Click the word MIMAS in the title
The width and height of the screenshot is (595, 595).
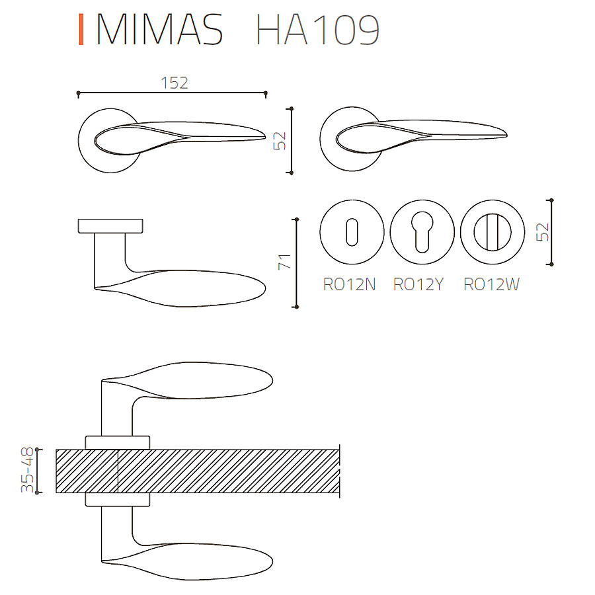(160, 30)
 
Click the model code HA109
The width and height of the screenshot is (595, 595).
(317, 30)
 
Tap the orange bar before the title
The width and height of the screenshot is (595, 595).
(81, 30)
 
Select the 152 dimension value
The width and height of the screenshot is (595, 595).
(175, 83)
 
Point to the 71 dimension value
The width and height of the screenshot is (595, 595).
(284, 261)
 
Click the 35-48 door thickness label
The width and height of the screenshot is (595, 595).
(27, 470)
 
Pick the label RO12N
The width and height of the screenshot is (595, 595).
(350, 284)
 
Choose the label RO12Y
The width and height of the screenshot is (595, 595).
(418, 284)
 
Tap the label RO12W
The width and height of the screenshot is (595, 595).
(492, 284)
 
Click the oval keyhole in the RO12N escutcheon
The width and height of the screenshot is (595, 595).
(352, 232)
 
